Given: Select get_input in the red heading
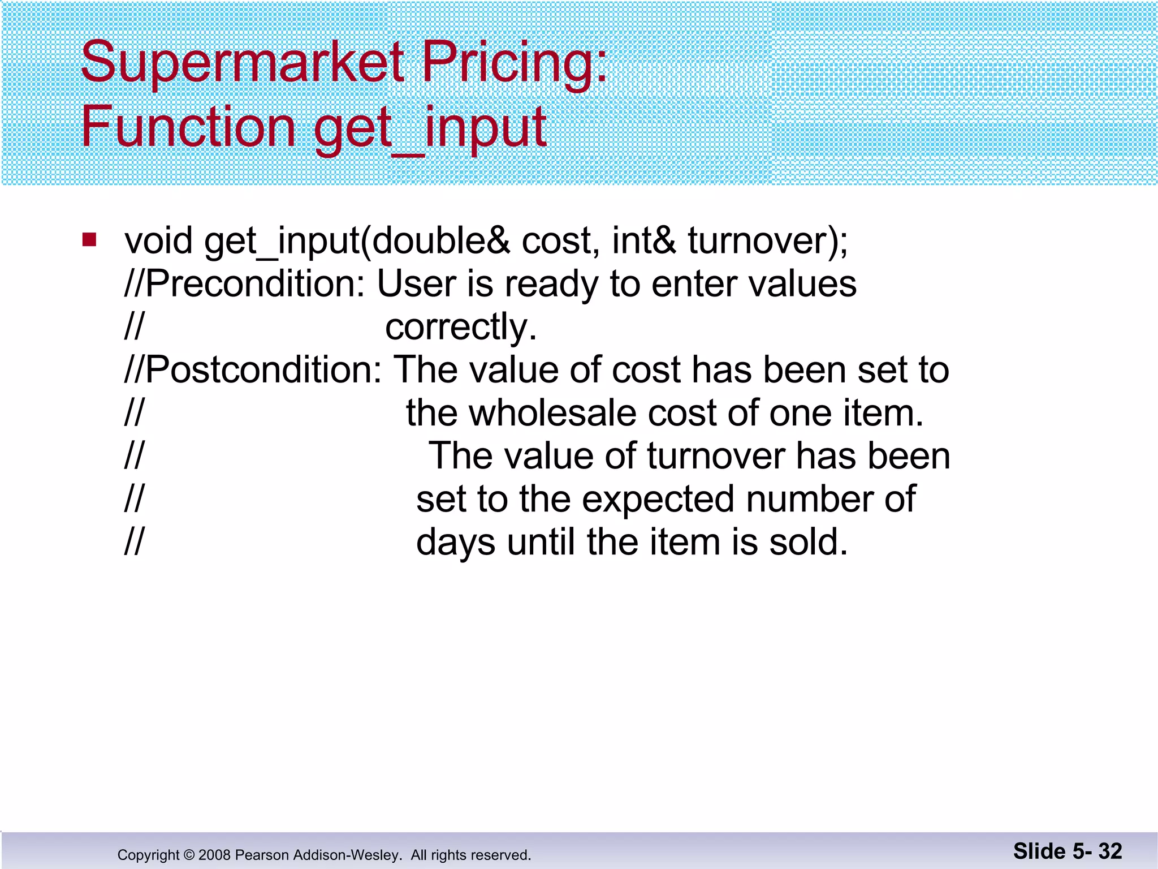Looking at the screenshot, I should click(x=430, y=129).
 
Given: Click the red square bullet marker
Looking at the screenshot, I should click(x=89, y=240).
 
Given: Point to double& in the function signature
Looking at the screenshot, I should click(x=440, y=241).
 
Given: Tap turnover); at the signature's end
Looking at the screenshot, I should click(x=767, y=241).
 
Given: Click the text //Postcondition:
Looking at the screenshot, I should click(x=253, y=370).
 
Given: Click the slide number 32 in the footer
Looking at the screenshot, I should click(x=1110, y=851).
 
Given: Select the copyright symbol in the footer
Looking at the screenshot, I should click(x=189, y=855).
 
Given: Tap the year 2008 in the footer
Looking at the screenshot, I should click(x=214, y=855).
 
